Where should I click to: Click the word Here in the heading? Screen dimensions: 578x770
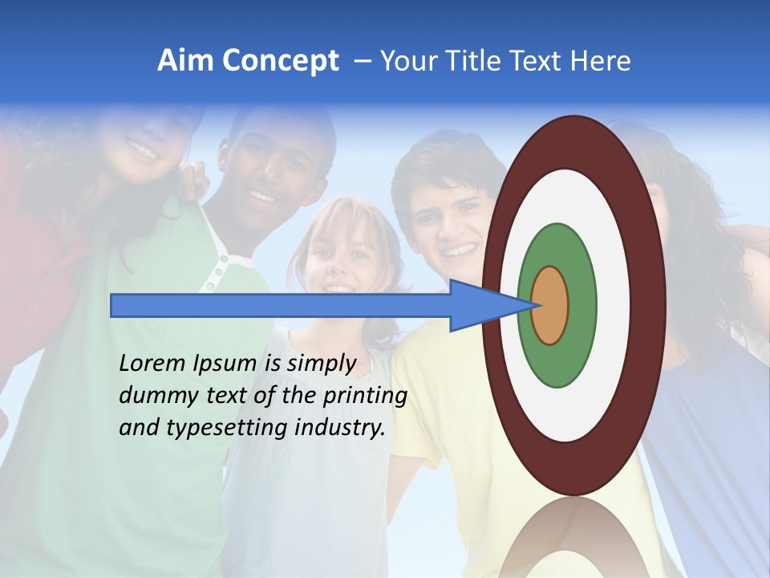tap(601, 61)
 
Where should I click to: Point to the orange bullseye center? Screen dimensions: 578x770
tap(549, 306)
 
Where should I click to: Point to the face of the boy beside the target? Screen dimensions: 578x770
tap(453, 221)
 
